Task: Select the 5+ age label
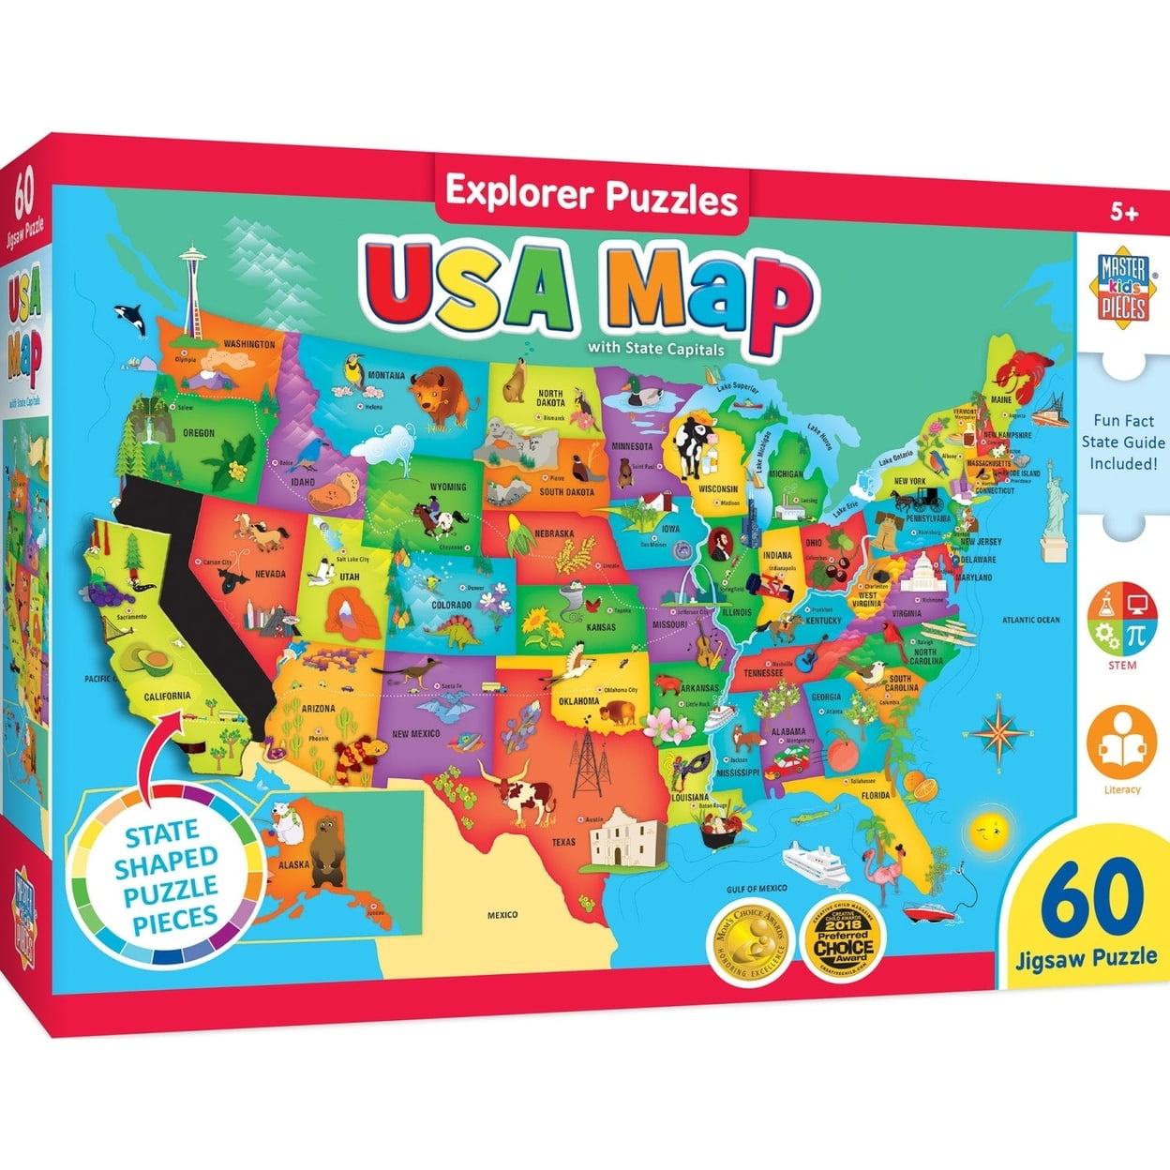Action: (x=1123, y=213)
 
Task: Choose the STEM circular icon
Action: (x=1121, y=621)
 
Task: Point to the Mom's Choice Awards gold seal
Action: (x=745, y=943)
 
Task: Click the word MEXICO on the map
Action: (x=502, y=914)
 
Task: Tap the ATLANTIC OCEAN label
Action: (x=1030, y=620)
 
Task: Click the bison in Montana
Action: (x=438, y=391)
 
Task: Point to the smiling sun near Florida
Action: (x=987, y=828)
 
